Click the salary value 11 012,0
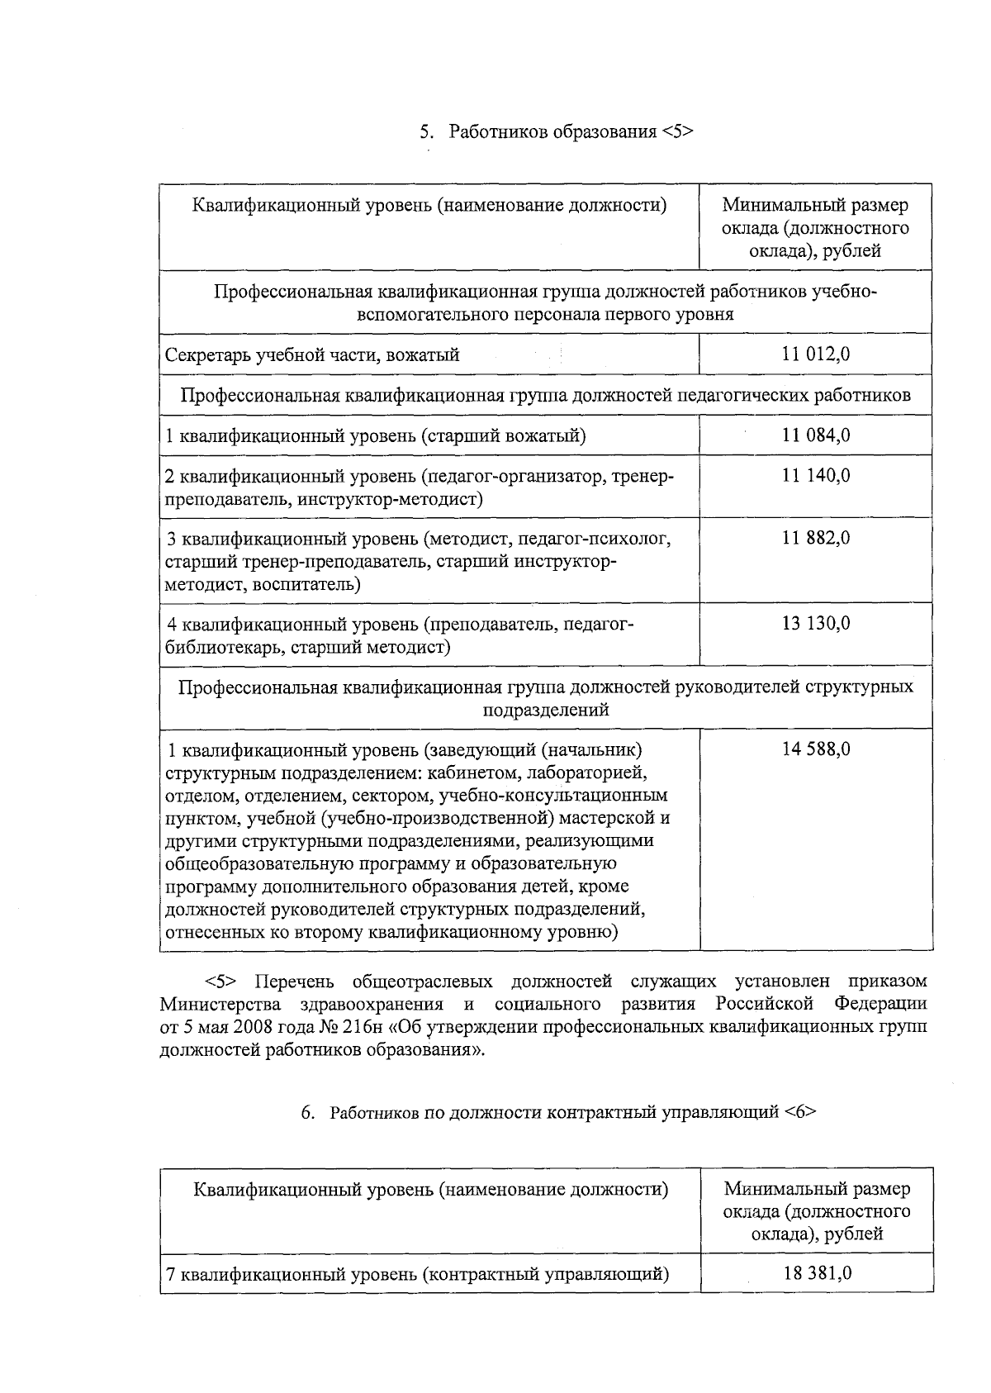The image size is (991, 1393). pyautogui.click(x=816, y=354)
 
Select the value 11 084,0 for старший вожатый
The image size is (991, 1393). pyautogui.click(x=816, y=435)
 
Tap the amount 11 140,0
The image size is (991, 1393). pyautogui.click(x=816, y=476)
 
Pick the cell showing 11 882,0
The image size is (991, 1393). pyautogui.click(x=816, y=539)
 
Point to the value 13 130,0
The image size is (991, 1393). pyautogui.click(x=816, y=624)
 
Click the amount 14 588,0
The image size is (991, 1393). pyautogui.click(x=816, y=749)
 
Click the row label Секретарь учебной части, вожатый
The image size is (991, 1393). pyautogui.click(x=312, y=355)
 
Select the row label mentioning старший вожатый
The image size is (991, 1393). pyautogui.click(x=376, y=436)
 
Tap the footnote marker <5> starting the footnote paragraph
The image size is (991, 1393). pyautogui.click(x=220, y=982)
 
